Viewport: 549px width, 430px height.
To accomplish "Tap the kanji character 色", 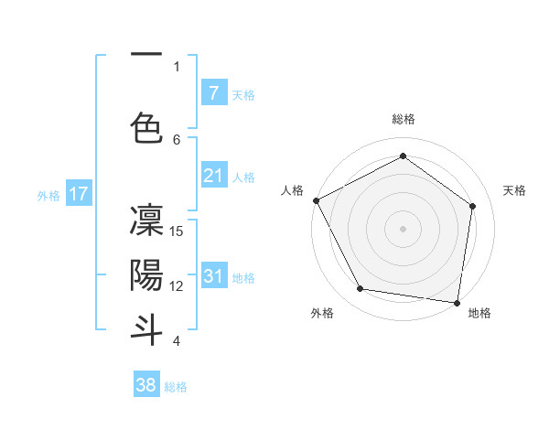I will click(146, 127).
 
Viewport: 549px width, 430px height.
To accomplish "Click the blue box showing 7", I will click(213, 93).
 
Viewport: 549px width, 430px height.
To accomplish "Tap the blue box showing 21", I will click(213, 176).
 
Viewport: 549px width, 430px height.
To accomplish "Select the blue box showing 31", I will click(213, 276).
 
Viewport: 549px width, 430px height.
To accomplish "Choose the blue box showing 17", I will click(78, 194).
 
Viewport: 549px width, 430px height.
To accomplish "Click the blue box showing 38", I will click(146, 385).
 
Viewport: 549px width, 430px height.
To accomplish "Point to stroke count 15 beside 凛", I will click(178, 231).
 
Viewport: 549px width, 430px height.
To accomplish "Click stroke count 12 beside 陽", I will click(178, 285).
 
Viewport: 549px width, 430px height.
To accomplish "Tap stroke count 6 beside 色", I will click(178, 139).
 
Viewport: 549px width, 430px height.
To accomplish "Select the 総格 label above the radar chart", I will click(403, 119).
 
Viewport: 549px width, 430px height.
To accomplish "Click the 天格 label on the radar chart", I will click(515, 190).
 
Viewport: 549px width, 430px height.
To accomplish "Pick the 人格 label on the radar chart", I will click(292, 190).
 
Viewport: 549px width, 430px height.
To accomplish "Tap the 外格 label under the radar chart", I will click(322, 313).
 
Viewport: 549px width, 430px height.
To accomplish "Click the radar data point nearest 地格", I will click(457, 302).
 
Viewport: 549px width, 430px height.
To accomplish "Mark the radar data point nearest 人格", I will click(316, 200).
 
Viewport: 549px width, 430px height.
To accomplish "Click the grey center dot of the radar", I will click(403, 228).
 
